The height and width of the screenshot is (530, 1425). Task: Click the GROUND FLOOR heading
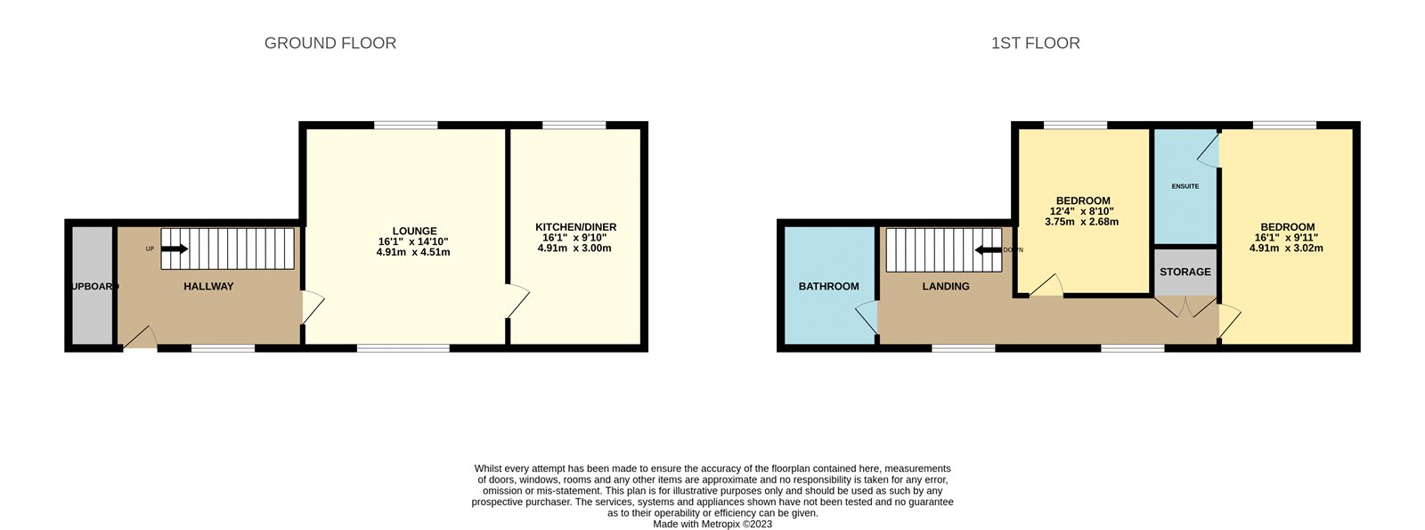click(x=330, y=43)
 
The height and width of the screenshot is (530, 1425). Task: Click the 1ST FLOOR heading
click(x=1035, y=43)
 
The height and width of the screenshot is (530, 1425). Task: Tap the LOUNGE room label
click(x=414, y=231)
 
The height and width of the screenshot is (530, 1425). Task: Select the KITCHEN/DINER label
click(x=575, y=227)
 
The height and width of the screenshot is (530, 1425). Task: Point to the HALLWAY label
click(x=208, y=286)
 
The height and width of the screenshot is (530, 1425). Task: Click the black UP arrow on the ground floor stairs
click(x=174, y=249)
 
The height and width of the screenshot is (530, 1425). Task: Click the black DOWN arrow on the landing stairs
click(x=988, y=249)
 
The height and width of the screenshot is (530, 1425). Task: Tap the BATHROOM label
click(x=828, y=286)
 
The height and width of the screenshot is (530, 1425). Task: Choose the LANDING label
click(x=946, y=286)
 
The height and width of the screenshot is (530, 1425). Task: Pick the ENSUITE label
click(x=1185, y=186)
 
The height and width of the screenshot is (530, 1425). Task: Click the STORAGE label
click(x=1185, y=272)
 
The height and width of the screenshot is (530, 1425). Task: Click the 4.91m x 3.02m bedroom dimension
click(x=1286, y=248)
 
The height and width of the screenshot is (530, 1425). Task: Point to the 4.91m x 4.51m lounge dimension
click(x=413, y=252)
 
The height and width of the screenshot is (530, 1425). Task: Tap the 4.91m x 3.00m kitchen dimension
click(x=574, y=248)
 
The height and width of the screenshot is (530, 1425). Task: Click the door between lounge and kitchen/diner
click(x=517, y=301)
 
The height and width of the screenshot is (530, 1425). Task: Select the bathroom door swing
click(x=867, y=316)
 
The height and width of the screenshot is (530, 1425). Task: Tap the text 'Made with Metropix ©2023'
click(x=712, y=524)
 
